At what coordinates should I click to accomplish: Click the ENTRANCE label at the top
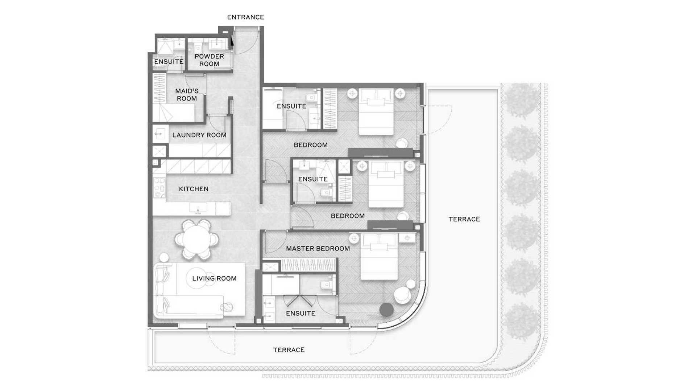245,17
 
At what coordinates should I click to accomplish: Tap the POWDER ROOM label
209,60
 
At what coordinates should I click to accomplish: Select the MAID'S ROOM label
187,95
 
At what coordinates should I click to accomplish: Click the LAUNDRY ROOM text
199,135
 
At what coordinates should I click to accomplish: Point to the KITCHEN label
194,189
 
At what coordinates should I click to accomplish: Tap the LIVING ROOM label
214,278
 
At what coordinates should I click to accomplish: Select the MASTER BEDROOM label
318,249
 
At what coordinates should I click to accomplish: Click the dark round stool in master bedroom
386,309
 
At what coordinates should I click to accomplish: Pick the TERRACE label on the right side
464,219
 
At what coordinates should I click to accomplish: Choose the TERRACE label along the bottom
289,350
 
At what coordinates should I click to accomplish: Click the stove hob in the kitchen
159,187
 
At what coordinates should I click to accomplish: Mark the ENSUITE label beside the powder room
169,62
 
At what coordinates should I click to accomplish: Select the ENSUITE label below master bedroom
300,313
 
